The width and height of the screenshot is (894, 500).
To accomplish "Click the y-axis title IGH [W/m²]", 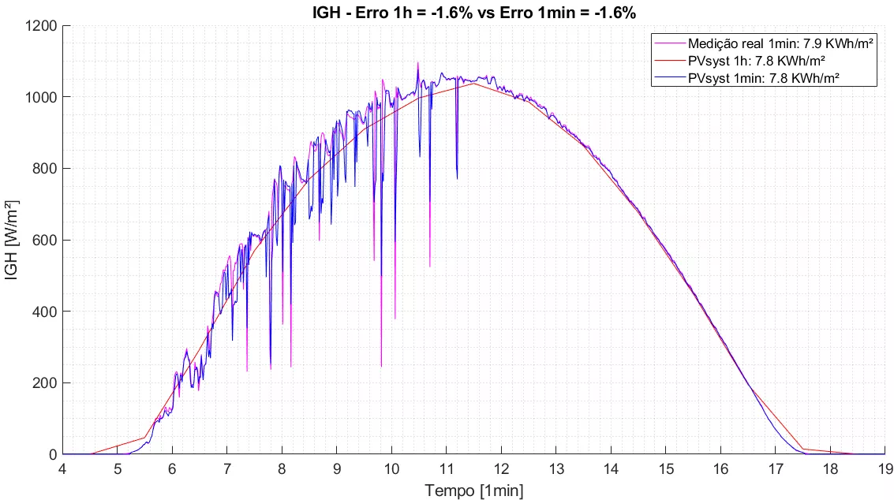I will click(13, 240).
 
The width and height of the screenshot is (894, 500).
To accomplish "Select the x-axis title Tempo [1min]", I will click(474, 490).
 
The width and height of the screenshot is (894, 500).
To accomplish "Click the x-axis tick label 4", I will click(62, 468).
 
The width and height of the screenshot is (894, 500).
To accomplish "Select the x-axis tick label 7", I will click(227, 468).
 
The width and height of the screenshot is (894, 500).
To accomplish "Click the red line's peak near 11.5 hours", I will click(474, 83).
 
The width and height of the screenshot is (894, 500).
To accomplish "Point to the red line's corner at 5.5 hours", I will click(145, 437).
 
